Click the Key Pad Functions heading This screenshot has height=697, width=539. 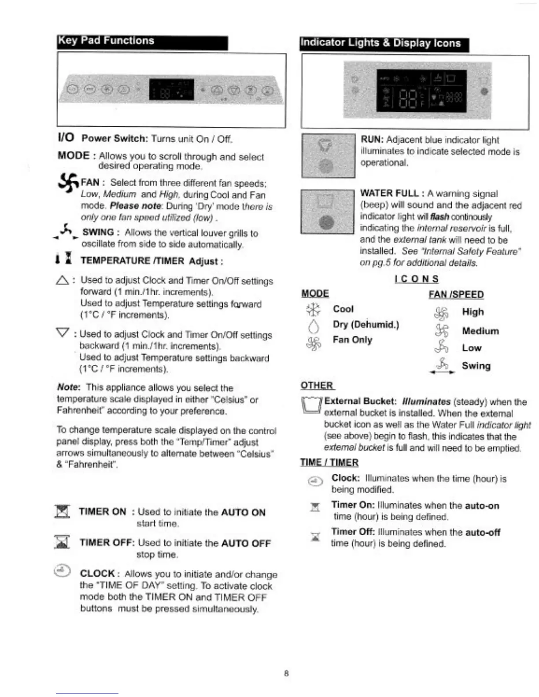click(x=106, y=41)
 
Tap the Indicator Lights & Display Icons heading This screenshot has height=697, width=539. click(x=380, y=43)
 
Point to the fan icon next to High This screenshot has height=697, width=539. click(x=441, y=313)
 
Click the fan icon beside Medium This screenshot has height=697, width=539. click(x=441, y=331)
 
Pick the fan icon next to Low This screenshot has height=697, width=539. click(x=441, y=348)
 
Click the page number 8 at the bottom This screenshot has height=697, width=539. click(x=286, y=673)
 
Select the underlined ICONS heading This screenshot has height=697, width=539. click(x=417, y=279)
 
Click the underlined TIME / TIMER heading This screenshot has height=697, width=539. click(x=329, y=462)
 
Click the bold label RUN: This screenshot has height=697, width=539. click(x=372, y=139)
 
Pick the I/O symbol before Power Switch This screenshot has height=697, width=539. click(x=66, y=138)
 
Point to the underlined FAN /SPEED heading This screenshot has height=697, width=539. click(x=456, y=294)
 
